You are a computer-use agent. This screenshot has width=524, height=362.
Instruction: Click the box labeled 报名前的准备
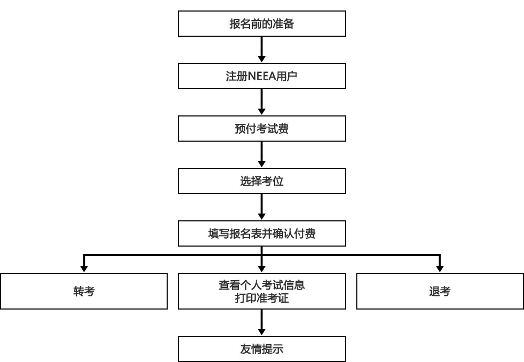[x=261, y=24]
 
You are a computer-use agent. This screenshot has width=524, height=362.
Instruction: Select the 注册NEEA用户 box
[x=261, y=76]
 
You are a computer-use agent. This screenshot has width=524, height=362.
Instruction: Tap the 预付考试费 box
[x=261, y=129]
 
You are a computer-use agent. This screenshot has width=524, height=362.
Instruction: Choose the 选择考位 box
[x=261, y=181]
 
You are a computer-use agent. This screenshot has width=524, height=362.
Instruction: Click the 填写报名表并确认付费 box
[x=261, y=233]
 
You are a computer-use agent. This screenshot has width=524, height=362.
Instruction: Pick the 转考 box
[x=84, y=291]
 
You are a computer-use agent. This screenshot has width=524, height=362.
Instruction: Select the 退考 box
[x=440, y=291]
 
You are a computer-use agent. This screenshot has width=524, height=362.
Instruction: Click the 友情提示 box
[x=261, y=349]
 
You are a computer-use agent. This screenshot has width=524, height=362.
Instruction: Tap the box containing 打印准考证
[x=261, y=291]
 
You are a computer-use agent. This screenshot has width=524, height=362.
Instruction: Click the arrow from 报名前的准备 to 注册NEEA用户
[x=261, y=49]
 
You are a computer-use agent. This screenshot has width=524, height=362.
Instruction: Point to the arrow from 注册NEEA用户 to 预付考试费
[x=261, y=102]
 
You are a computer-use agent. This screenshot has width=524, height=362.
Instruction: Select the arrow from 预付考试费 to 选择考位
[x=261, y=155]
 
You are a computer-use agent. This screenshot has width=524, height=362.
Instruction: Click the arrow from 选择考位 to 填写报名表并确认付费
[x=261, y=207]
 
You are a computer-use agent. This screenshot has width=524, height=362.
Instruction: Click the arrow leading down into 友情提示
[x=261, y=323]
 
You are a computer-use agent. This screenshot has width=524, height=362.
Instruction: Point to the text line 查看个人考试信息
[x=261, y=285]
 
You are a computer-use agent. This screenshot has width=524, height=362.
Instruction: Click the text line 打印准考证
[x=261, y=298]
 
